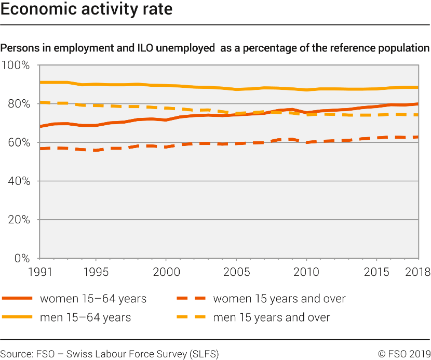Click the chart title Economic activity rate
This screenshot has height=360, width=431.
point(87,10)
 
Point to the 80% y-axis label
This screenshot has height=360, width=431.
point(19,104)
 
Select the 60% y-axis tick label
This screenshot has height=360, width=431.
point(19,142)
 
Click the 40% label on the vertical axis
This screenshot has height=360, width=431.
point(19,181)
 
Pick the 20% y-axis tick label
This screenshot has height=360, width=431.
point(19,220)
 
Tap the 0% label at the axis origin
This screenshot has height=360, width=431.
point(21,258)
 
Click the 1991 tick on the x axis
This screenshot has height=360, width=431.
point(40,272)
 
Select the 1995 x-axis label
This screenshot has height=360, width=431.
point(96,272)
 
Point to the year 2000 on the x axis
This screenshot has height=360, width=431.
point(166,272)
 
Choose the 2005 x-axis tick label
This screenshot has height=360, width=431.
point(236,272)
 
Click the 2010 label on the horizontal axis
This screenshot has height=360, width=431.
point(306,272)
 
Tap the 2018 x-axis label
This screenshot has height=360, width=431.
point(417,272)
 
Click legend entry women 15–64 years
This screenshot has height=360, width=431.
point(93,299)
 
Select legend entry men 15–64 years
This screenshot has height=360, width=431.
point(85,317)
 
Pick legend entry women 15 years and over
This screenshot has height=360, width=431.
point(279,299)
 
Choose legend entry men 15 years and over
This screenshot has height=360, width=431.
point(271,317)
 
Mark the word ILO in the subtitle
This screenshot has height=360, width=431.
point(145,48)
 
